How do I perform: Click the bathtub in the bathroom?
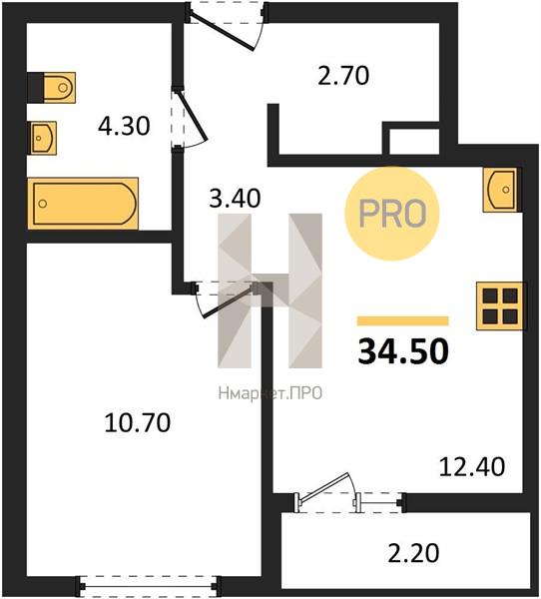tap(83, 204)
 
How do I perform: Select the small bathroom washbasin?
tap(44, 138)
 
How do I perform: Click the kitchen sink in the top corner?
tap(500, 190)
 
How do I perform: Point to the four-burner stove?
tap(500, 305)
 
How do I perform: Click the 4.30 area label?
tap(124, 126)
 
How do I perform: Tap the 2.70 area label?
tap(343, 75)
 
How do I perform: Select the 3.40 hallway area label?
tap(235, 199)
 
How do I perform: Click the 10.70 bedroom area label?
tap(138, 423)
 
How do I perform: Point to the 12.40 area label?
tap(472, 467)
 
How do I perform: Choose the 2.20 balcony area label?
tap(413, 553)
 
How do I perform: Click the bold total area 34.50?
tap(403, 351)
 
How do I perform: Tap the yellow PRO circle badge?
tap(392, 214)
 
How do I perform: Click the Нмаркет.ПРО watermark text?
tap(270, 393)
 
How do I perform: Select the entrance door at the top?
tap(226, 26)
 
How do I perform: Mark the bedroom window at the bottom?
tap(149, 586)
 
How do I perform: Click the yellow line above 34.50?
tap(402, 320)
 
